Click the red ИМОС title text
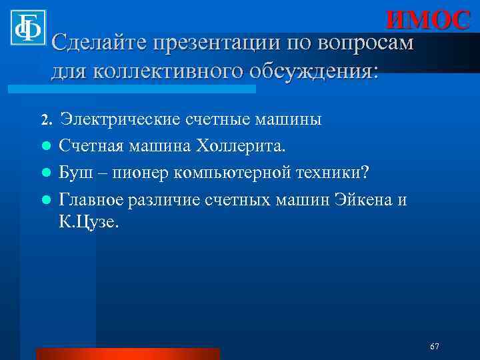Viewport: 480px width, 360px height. pyautogui.click(x=428, y=20)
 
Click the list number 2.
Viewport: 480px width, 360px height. pyautogui.click(x=45, y=120)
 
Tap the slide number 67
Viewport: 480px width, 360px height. pyautogui.click(x=434, y=347)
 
